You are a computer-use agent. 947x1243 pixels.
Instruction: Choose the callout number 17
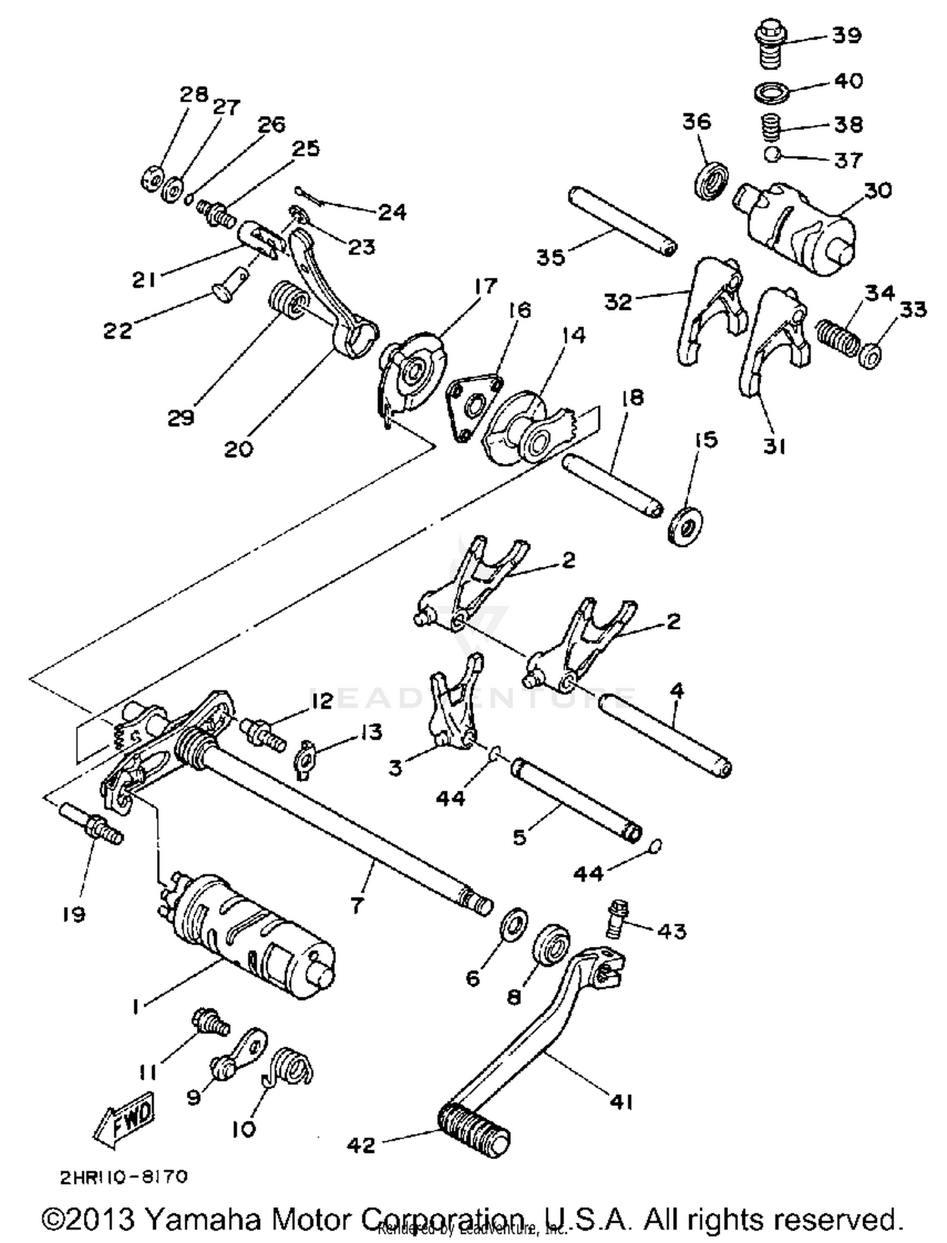point(485,285)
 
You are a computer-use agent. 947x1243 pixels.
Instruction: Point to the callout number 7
point(357,906)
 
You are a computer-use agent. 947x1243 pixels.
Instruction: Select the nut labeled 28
point(152,181)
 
